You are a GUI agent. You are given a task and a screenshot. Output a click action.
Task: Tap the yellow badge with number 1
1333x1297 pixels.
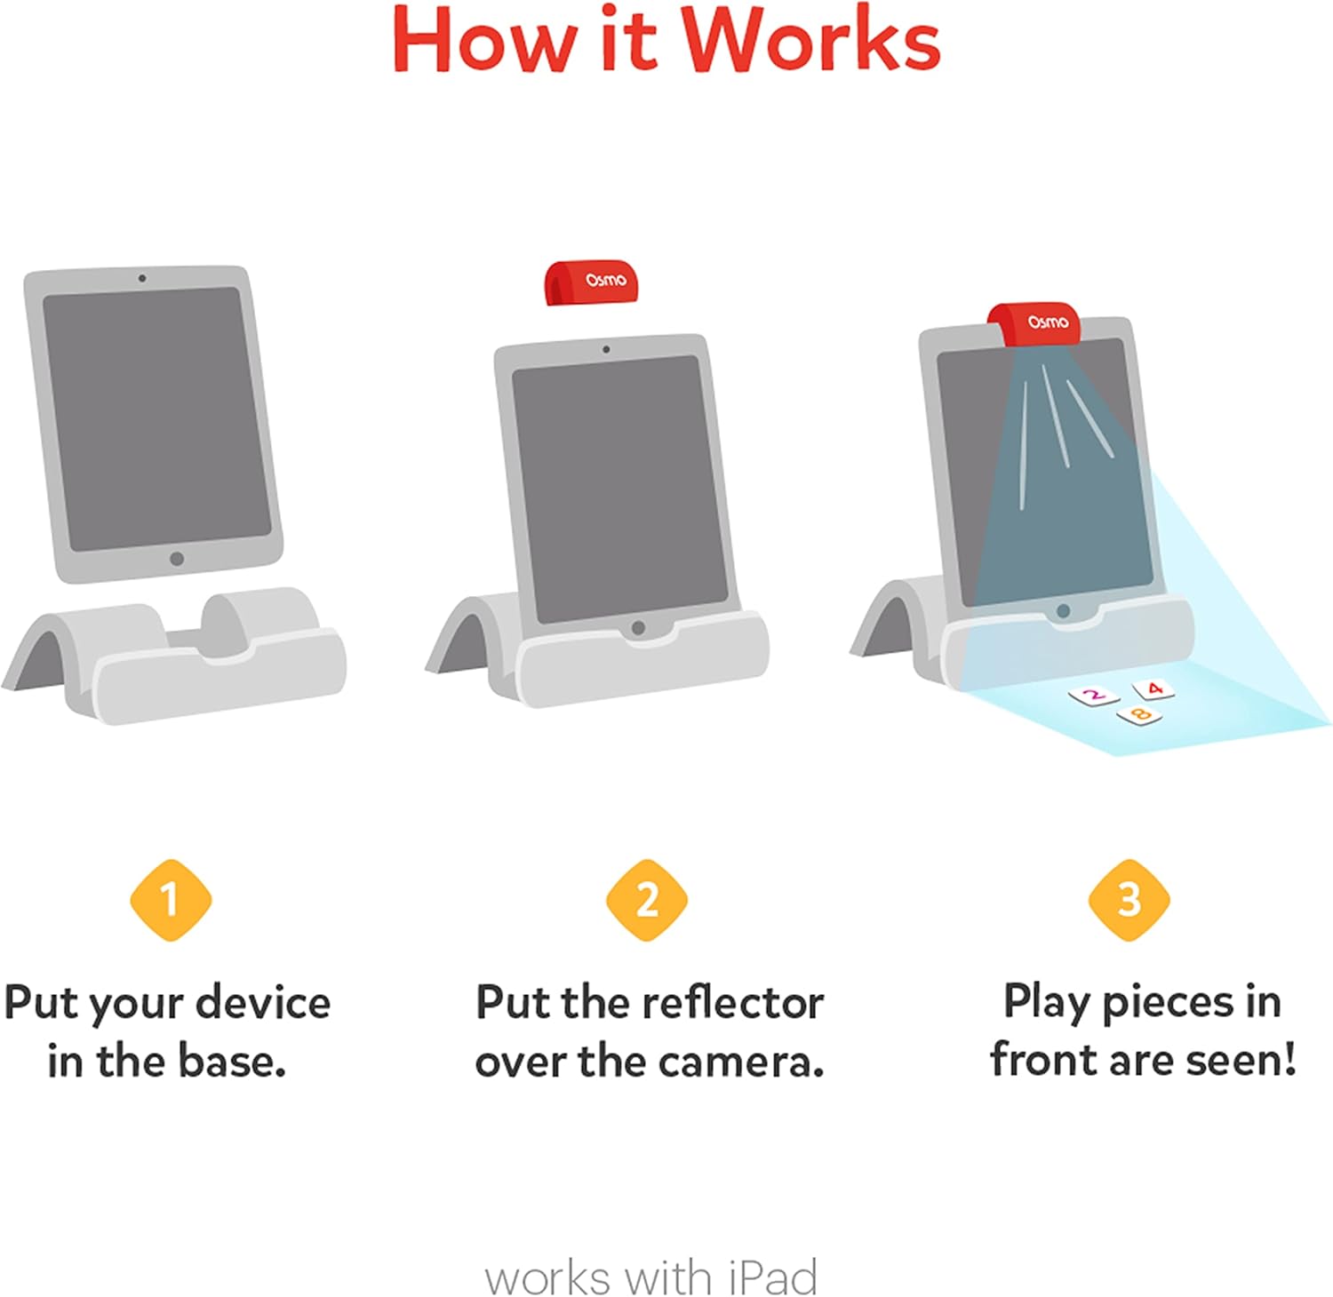171,900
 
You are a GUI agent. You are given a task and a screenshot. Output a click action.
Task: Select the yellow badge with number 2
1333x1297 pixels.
647,900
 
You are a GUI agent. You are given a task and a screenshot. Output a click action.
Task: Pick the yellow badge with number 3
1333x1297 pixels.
1129,900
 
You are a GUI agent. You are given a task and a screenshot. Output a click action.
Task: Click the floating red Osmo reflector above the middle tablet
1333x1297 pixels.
591,282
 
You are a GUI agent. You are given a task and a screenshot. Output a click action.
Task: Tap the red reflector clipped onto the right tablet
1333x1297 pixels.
1035,322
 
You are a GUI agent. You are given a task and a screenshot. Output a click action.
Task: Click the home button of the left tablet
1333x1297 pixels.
177,559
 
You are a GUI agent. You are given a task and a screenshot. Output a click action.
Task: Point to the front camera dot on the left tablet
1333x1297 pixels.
142,278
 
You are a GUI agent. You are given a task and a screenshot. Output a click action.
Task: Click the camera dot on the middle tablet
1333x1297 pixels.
606,349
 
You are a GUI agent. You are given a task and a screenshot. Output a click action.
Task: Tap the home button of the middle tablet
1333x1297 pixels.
638,628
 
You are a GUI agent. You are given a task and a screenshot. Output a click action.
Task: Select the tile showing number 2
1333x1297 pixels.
1094,696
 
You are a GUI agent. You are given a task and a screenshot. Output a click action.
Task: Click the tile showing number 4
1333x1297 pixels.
1153,688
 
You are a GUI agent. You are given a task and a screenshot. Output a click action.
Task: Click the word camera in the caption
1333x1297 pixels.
741,1062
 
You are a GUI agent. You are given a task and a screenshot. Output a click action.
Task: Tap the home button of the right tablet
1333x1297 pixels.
1063,611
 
